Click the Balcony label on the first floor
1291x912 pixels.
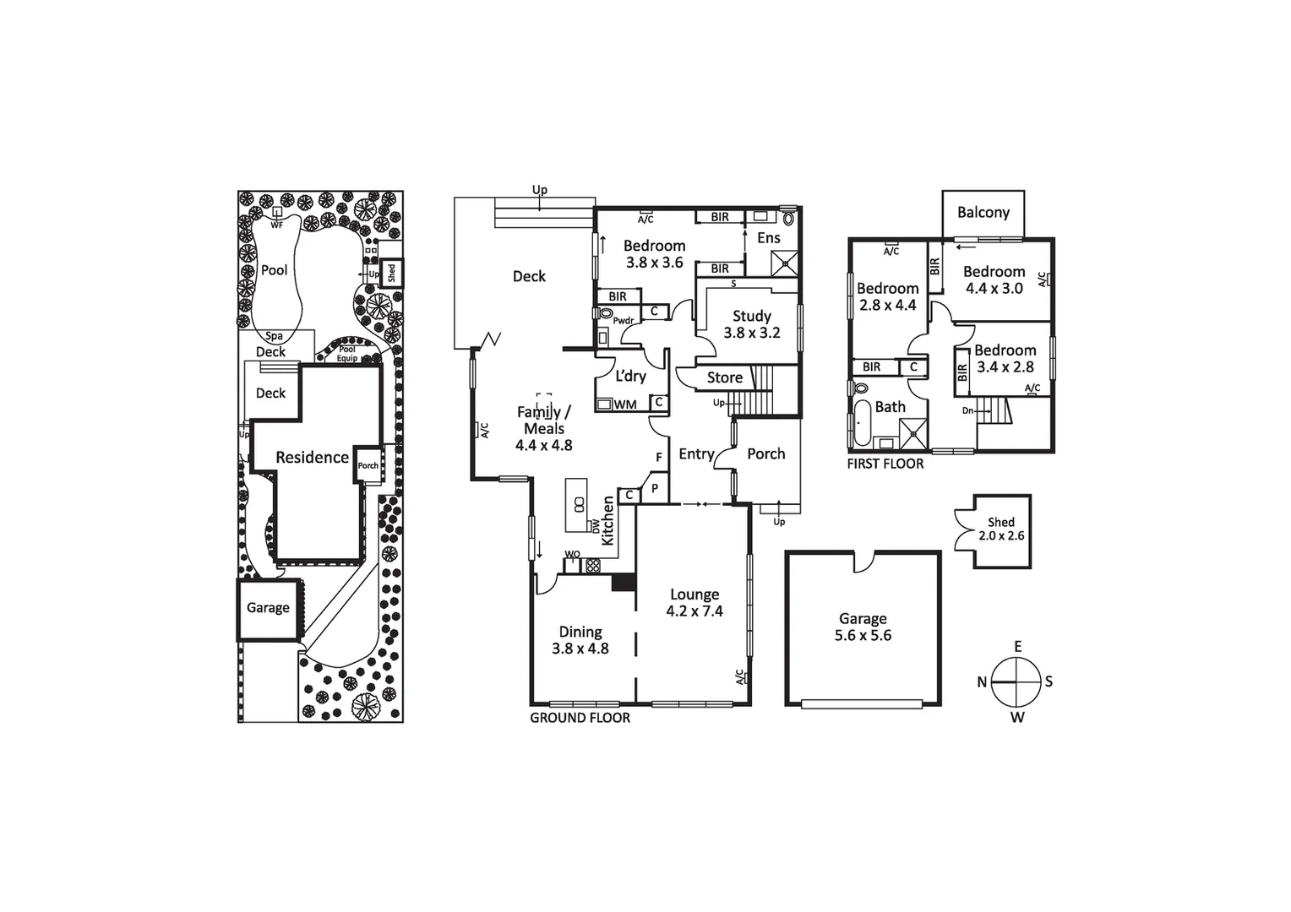983,212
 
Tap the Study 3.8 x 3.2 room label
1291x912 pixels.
751,324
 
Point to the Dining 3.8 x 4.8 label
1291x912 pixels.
580,640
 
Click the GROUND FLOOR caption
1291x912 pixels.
580,718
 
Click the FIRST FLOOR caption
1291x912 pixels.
885,464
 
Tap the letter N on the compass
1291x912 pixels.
982,682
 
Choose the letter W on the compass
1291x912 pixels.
1018,718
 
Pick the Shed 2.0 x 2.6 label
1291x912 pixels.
1001,529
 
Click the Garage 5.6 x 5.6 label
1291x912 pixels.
863,627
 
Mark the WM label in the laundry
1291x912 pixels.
625,404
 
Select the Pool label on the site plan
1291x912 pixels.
274,270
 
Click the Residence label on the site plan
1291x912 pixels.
312,457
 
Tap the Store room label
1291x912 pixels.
724,377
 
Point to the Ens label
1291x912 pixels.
768,238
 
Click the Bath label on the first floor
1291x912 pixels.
890,406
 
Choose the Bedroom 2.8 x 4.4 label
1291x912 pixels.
887,296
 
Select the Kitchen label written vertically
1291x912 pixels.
607,520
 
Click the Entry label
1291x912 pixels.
696,454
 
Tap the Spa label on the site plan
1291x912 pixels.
274,336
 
